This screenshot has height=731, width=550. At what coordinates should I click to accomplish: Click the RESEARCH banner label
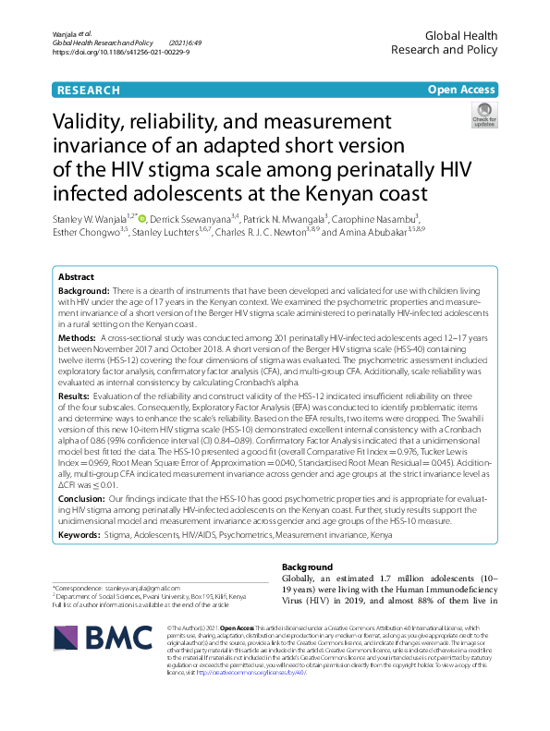point(89,90)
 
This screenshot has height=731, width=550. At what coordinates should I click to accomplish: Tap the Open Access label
point(460,90)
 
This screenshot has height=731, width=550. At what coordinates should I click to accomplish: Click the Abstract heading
point(76,251)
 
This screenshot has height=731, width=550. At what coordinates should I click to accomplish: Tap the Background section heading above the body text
point(306,567)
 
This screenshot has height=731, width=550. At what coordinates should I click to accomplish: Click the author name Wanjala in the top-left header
point(70,33)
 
